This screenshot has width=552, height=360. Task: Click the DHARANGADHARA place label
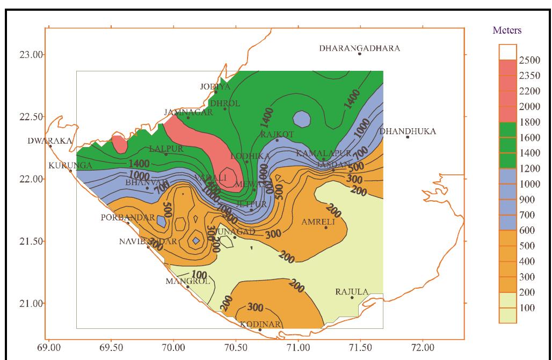coord(359,48)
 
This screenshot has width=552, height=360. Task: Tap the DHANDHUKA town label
coord(408,131)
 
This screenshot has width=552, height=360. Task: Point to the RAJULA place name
coord(352,292)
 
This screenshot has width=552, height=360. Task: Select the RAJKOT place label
coord(277,134)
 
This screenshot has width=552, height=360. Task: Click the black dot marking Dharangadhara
coord(360,54)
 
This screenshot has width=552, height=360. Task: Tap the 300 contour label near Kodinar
coord(255,308)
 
